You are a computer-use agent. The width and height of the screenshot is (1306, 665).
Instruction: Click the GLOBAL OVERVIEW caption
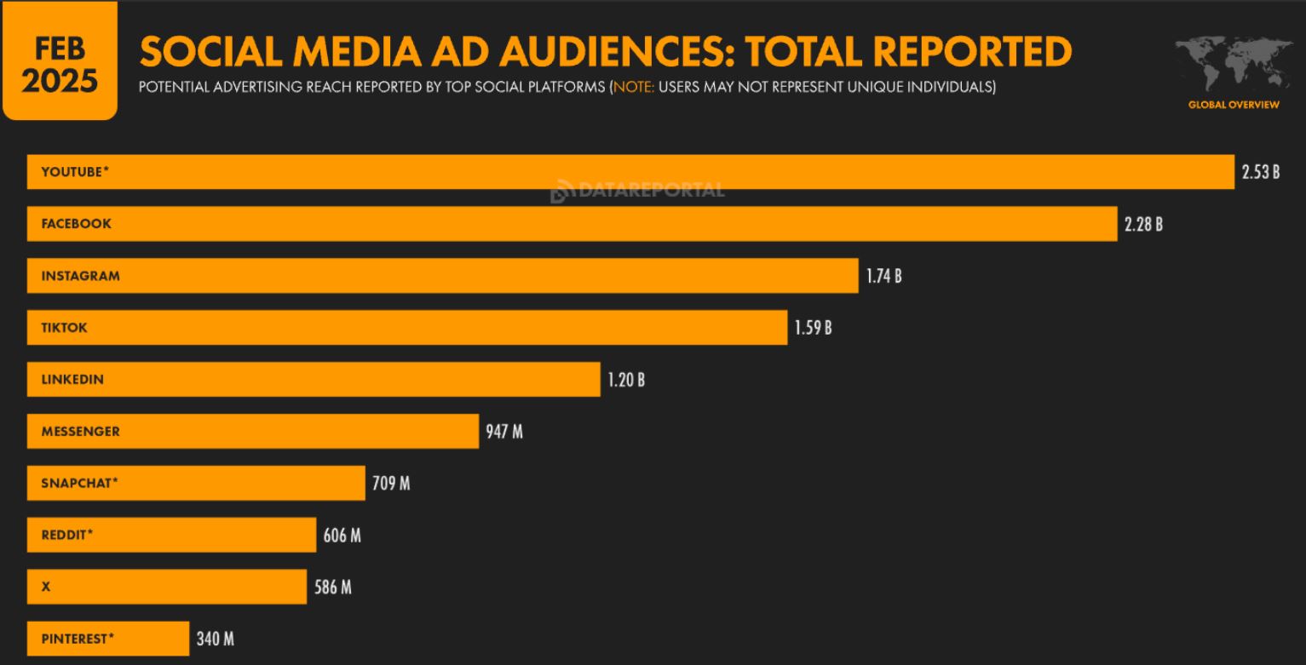1234,105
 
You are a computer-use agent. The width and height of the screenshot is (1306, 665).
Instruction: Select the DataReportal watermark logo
637,191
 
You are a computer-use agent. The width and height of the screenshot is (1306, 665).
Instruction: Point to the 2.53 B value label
1260,172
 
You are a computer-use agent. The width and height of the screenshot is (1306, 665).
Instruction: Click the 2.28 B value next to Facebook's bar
1143,224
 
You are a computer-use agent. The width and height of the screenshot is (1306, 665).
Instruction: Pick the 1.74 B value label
883,276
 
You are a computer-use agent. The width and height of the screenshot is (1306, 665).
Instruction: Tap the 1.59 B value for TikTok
813,328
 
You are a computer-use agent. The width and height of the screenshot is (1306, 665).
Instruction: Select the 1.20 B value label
626,380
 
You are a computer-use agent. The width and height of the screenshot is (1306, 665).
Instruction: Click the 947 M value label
504,432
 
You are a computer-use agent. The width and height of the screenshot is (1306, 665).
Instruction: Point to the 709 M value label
391,484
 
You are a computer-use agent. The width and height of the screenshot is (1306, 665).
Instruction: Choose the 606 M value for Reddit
342,536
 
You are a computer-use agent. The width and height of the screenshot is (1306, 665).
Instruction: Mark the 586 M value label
332,588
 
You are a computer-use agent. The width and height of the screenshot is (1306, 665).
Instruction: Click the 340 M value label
215,639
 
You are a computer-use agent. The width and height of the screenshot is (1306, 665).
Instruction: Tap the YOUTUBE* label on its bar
75,172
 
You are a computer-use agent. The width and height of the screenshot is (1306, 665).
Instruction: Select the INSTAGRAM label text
80,276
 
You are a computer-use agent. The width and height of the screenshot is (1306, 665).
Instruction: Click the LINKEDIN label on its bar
72,380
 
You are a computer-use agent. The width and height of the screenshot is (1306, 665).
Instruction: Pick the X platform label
46,588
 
